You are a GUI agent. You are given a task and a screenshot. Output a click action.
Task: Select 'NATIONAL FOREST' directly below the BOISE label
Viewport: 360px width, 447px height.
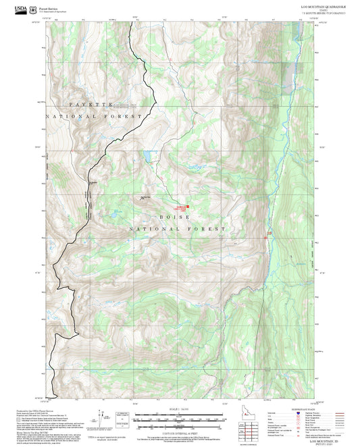click(177, 229)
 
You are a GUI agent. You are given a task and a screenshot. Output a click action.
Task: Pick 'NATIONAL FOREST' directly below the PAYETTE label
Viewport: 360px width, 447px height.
click(95, 117)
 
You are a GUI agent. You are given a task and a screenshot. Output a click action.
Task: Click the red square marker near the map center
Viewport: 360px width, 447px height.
click(187, 207)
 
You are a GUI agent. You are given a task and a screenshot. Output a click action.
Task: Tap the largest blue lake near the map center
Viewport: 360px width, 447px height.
click(146, 159)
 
